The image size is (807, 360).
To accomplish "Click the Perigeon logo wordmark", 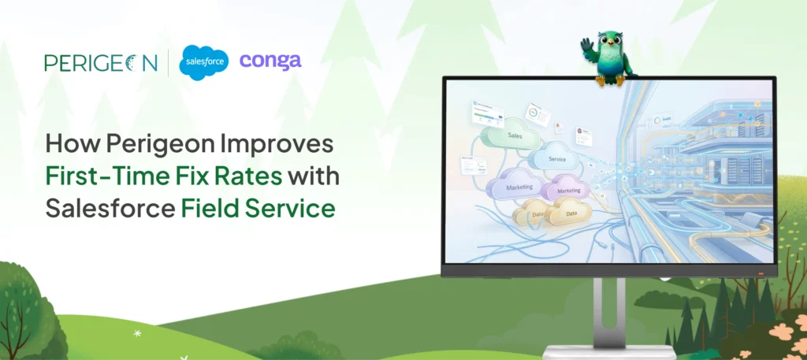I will coord(101,62).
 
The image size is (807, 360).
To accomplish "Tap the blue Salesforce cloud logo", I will coord(203,63).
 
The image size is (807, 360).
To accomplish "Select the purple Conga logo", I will coord(270,61).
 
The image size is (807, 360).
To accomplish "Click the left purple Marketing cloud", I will coord(515,187).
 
